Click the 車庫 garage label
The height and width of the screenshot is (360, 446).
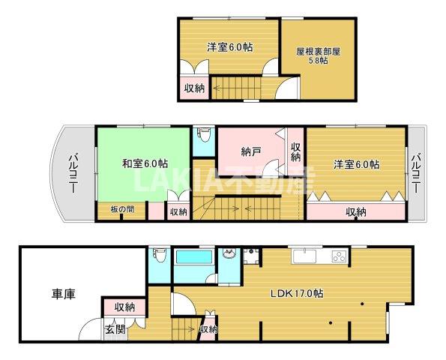[x=63, y=294]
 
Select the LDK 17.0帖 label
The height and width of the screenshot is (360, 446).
[x=296, y=293]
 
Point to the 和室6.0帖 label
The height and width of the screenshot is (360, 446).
[x=145, y=163]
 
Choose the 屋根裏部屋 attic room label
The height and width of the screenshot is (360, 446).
[x=318, y=52]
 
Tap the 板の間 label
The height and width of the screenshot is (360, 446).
[x=122, y=209]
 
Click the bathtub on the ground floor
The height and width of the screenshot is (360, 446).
[x=195, y=256]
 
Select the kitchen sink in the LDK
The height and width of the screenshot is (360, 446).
[x=304, y=255]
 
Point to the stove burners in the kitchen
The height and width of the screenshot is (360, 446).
[x=340, y=256]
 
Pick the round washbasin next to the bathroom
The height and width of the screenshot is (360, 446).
[x=229, y=253]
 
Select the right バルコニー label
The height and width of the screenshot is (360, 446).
[x=416, y=172]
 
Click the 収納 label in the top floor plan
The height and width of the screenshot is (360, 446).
[x=195, y=88]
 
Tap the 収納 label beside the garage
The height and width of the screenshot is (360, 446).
[x=125, y=307]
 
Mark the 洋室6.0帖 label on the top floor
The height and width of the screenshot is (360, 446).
[x=230, y=47]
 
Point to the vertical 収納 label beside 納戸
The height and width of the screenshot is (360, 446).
[x=296, y=152]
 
